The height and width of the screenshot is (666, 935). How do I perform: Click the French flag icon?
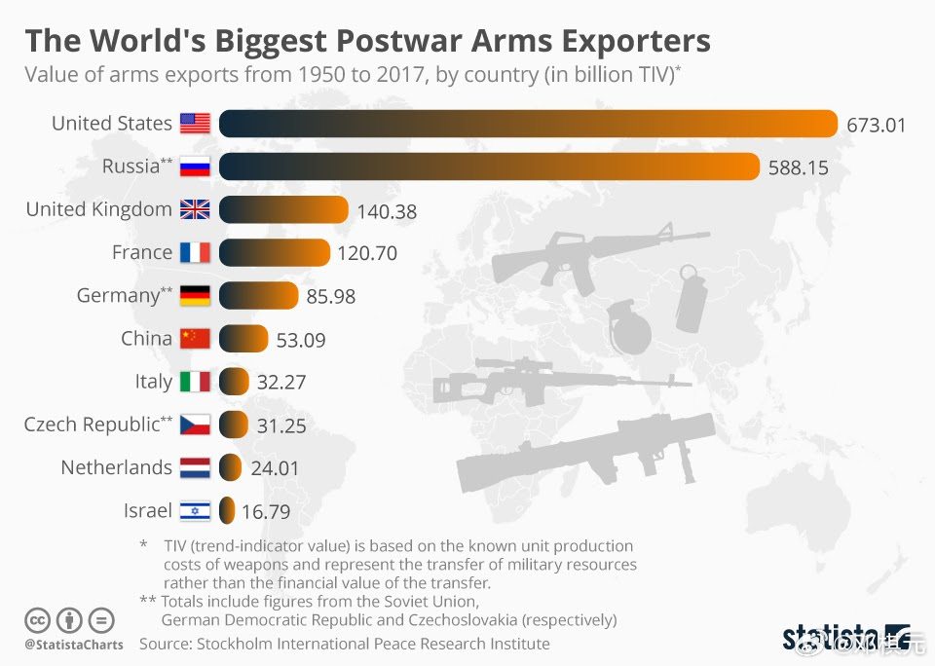point(195,253)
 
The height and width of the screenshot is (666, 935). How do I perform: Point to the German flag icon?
point(195,296)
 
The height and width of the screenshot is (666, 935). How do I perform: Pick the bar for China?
point(243,339)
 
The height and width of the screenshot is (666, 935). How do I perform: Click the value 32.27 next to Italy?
point(281,383)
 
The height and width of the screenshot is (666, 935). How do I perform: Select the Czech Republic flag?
point(195,425)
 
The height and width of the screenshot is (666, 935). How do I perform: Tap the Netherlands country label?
point(116,467)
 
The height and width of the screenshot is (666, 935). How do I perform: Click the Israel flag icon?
point(195,511)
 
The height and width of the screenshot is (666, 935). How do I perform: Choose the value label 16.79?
point(266,511)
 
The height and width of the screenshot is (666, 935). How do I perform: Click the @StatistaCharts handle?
point(74,645)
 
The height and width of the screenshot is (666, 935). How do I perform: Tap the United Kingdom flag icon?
point(195,209)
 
